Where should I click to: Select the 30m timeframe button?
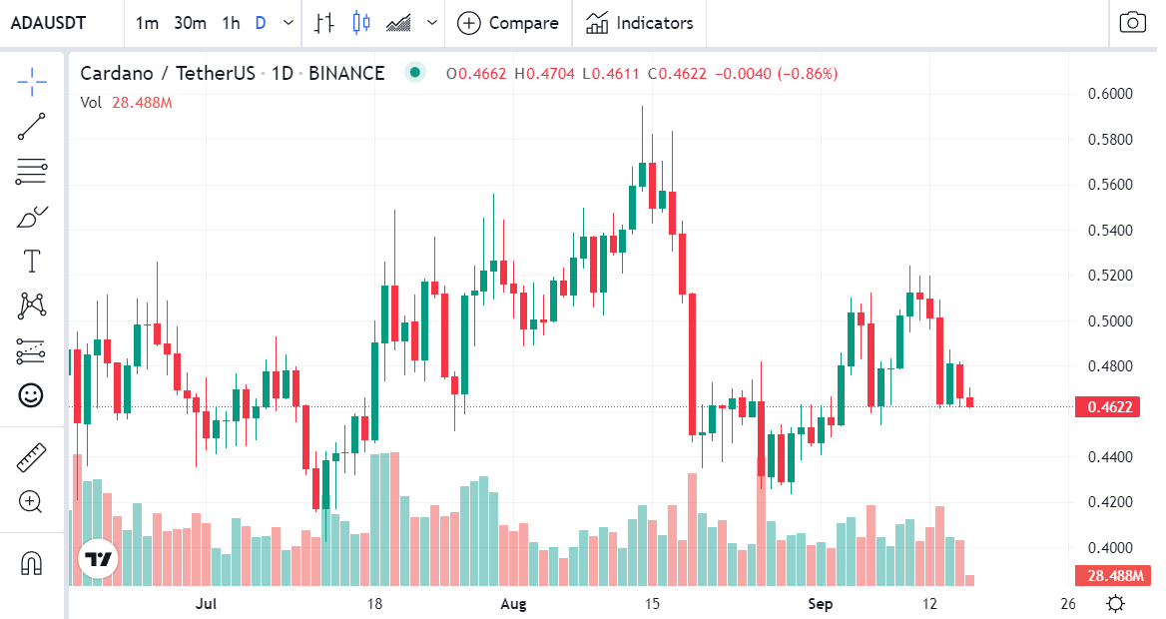pyautogui.click(x=190, y=23)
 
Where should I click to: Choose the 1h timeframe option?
pyautogui.click(x=231, y=23)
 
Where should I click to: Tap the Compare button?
pyautogui.click(x=508, y=23)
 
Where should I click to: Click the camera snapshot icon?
pyautogui.click(x=1132, y=23)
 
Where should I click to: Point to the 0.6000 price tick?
pyautogui.click(x=1109, y=94)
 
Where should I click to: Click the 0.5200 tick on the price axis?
pyautogui.click(x=1109, y=276)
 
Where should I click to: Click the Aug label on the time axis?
pyautogui.click(x=512, y=604)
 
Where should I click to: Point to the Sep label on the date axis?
pyautogui.click(x=820, y=604)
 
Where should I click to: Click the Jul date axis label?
pyautogui.click(x=207, y=604)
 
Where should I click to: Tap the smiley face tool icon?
pyautogui.click(x=32, y=395)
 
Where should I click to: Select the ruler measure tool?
pyautogui.click(x=32, y=458)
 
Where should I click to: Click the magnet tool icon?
pyautogui.click(x=32, y=564)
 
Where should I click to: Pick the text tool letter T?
pyautogui.click(x=32, y=263)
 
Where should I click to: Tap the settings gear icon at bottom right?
pyautogui.click(x=1116, y=604)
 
